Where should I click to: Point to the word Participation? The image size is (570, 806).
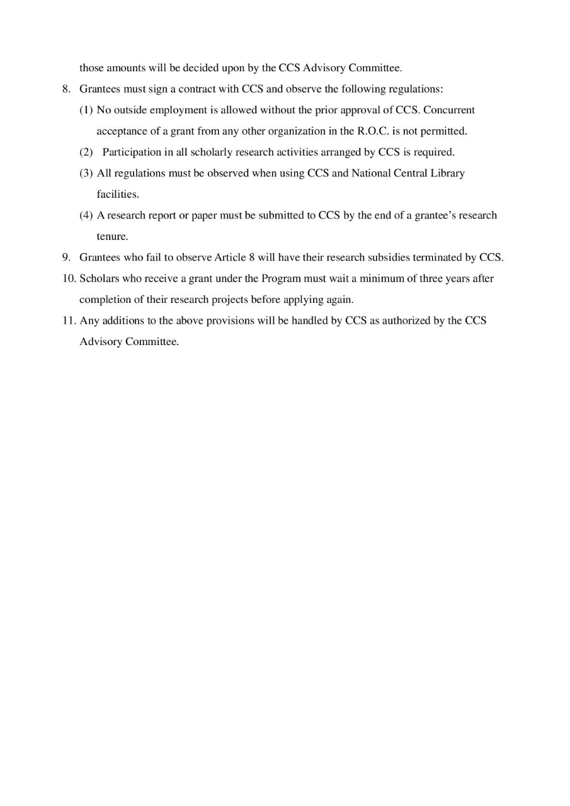(131, 152)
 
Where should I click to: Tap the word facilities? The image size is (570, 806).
(117, 195)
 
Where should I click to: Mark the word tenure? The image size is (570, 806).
(112, 237)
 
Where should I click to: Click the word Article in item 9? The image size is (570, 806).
(231, 258)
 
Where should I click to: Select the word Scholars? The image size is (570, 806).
(98, 278)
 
